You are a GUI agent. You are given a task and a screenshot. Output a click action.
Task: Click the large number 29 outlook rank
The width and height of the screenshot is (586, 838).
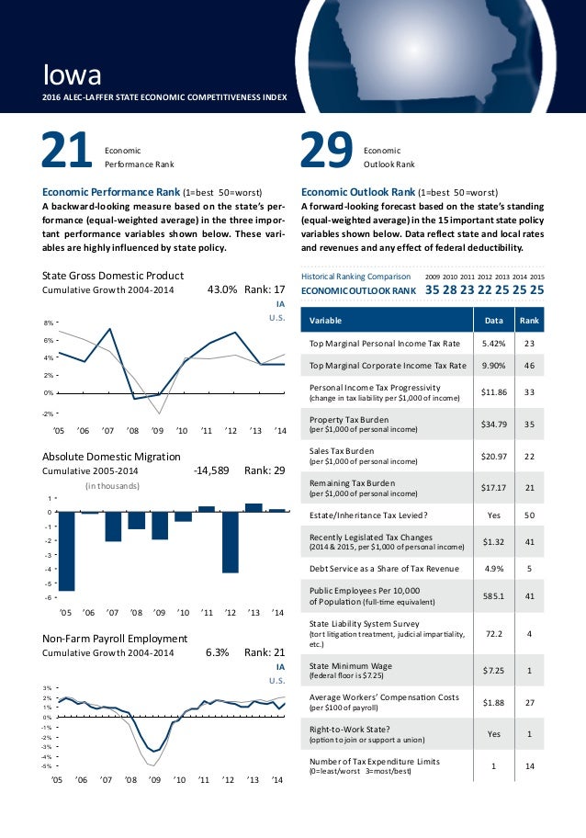[327, 152]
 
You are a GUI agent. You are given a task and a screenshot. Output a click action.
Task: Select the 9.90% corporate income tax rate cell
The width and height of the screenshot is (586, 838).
[486, 366]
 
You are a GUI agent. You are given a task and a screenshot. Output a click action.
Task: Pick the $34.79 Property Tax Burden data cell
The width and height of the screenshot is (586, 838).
[486, 424]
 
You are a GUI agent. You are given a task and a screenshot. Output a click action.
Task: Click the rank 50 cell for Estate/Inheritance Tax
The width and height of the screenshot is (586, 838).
[529, 515]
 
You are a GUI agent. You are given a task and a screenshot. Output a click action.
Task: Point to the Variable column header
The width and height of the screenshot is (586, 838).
[324, 321]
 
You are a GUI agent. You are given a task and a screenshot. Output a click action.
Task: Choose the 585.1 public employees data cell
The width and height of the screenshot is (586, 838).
[486, 595]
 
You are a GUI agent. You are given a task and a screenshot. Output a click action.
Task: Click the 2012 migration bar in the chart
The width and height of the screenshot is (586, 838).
[230, 542]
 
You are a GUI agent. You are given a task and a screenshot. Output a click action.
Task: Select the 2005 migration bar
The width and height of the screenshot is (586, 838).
[66, 551]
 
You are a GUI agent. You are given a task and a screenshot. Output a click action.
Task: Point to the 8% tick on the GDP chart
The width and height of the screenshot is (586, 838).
[48, 323]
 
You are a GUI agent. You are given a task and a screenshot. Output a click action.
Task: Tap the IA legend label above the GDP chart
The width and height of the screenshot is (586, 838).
[281, 304]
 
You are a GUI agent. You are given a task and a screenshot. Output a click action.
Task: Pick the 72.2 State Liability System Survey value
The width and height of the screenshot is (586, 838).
[486, 633]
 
